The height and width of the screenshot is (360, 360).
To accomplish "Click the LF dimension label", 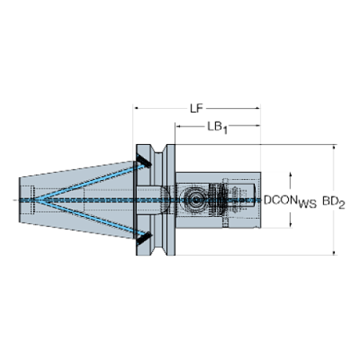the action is [x=196, y=108].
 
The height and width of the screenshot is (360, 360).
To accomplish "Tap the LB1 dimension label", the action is [x=217, y=127].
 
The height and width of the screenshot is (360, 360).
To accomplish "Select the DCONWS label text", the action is [x=290, y=201].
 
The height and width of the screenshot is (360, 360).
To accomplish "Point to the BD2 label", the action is [x=334, y=202].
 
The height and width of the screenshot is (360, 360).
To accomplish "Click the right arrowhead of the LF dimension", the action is [x=257, y=108].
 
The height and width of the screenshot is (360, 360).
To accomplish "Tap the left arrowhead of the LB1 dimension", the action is [x=179, y=126].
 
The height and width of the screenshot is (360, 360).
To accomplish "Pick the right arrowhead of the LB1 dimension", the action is [x=257, y=126].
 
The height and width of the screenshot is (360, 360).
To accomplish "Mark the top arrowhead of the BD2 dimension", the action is [x=334, y=148].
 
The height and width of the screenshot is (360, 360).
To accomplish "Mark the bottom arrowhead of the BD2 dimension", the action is [x=334, y=253].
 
